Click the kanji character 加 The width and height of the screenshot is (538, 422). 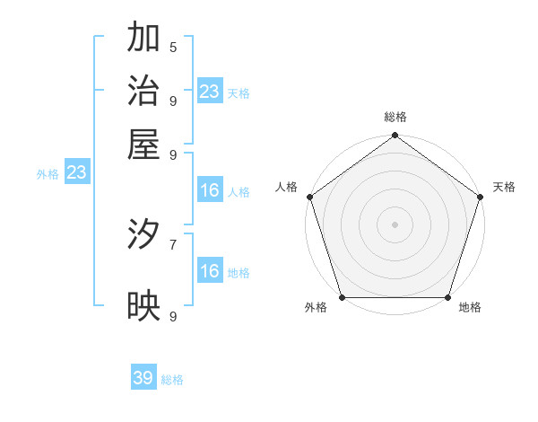click(x=143, y=39)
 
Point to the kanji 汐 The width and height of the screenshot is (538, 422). click(x=143, y=234)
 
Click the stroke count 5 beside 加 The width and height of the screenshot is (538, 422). click(x=173, y=47)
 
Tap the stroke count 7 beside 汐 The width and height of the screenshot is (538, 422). click(x=173, y=243)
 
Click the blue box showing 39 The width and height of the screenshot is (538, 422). click(x=143, y=378)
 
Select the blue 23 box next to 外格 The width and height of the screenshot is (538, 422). click(x=76, y=173)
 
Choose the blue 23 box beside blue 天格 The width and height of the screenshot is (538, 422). click(x=210, y=91)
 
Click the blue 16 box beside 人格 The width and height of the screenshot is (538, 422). click(x=210, y=190)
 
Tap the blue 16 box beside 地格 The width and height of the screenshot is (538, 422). click(x=210, y=271)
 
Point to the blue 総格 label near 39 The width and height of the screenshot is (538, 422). click(x=172, y=380)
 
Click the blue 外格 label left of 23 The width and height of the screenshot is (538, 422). click(x=48, y=174)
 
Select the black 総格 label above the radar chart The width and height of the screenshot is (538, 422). click(x=395, y=118)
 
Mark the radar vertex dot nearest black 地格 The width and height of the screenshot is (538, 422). click(x=447, y=297)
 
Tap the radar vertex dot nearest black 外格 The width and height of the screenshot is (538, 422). click(x=342, y=297)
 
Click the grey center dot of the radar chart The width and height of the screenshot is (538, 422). click(x=395, y=224)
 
